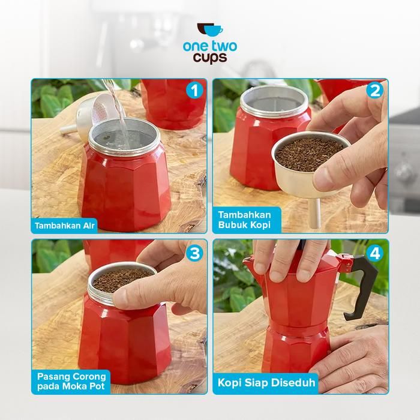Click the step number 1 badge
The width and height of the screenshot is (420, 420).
pos(194,91)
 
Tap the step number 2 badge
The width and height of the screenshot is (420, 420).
pos(375,91)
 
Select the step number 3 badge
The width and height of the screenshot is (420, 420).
pos(194,253)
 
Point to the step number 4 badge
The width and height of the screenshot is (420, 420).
pos(375,253)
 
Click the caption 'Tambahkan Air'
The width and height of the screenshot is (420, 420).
pos(65,226)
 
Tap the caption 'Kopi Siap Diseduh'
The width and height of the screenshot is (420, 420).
pos(266,383)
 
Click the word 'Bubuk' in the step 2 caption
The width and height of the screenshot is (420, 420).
pos(232,224)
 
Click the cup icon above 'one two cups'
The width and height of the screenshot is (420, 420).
pos(210,29)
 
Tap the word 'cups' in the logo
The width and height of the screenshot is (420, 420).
pos(210,58)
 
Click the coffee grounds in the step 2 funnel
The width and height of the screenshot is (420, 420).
pos(310,155)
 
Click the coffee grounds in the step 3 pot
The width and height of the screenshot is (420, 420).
pos(122,280)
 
